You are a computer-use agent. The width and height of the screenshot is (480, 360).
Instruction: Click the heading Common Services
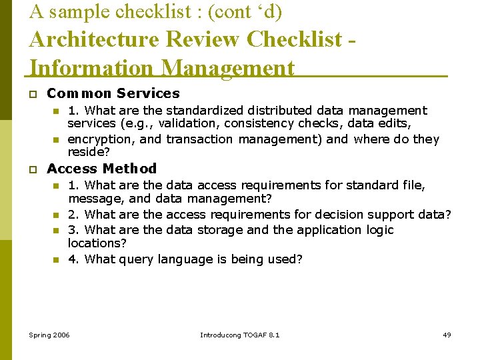[113, 93]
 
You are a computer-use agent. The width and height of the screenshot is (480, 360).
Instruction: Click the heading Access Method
[102, 169]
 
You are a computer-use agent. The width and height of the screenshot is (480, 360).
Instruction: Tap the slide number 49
[447, 335]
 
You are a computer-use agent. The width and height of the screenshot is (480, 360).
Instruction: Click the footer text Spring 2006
[49, 335]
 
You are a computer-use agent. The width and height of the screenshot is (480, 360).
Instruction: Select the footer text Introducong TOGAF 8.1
[240, 335]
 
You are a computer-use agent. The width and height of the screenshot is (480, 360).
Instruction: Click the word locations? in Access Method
[97, 243]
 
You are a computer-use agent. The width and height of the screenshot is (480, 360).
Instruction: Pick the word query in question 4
[137, 259]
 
